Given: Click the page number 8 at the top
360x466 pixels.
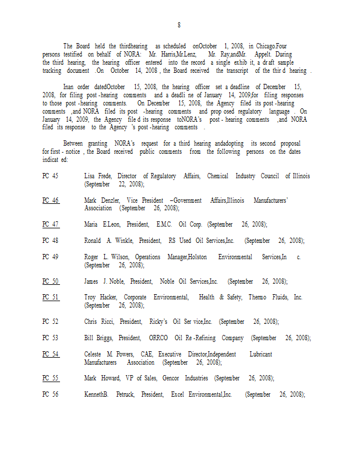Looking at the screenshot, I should [x=179, y=25].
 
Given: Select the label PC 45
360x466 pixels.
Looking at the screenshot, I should [x=50, y=176].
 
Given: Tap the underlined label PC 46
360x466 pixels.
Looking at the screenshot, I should [x=50, y=200].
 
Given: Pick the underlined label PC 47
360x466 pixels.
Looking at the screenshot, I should [x=50, y=224].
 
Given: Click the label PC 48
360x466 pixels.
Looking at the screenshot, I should [x=50, y=241].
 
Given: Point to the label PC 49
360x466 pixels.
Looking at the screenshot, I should [x=50, y=257].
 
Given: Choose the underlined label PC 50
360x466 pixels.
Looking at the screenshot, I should [x=50, y=281].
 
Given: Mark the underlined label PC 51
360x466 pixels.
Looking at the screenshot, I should [x=50, y=297].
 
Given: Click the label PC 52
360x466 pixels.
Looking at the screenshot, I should [x=50, y=322].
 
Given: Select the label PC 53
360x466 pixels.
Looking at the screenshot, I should [x=50, y=338].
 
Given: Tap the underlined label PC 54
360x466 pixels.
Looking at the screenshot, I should [x=50, y=354].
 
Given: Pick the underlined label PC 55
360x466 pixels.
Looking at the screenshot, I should [x=50, y=378].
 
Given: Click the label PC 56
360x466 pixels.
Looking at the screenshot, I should [x=50, y=394].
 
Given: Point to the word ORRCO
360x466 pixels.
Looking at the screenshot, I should [x=158, y=338].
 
